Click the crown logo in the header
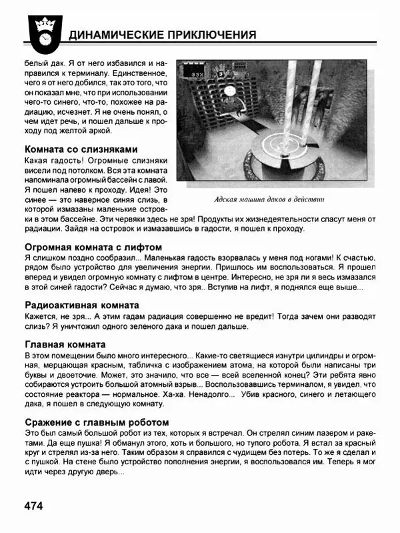click(42, 31)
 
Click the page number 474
click(33, 506)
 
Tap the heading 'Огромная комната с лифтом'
click(93, 247)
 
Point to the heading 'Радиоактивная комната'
click(82, 305)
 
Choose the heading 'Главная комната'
click(65, 344)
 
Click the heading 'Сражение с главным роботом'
click(96, 422)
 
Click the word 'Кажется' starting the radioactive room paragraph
click(42, 316)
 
